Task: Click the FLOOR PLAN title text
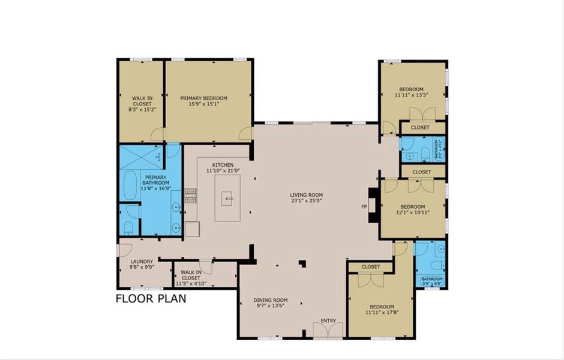click(x=151, y=298)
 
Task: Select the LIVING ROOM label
click(x=307, y=194)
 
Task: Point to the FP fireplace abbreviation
click(x=363, y=207)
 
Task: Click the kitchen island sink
click(x=227, y=197)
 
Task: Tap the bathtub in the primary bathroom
click(x=129, y=185)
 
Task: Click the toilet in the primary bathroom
click(x=129, y=226)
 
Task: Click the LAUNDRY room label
click(x=142, y=261)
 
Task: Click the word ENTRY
click(x=328, y=321)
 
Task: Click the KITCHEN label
click(x=223, y=165)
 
